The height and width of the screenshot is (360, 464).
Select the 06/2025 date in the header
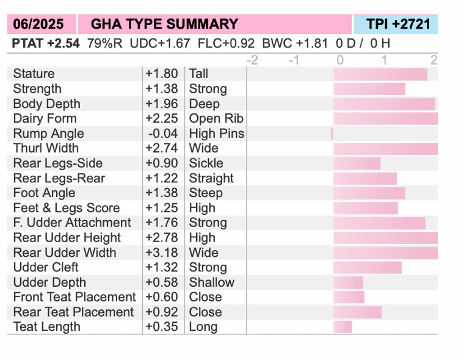(41, 24)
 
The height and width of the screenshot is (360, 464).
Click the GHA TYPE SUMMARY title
(164, 24)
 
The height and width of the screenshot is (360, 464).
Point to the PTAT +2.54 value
(46, 43)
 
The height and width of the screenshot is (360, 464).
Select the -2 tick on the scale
(252, 60)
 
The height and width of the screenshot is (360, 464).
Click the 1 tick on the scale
(383, 60)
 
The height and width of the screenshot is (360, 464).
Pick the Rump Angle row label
(48, 134)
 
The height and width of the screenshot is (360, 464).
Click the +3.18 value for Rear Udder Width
(162, 253)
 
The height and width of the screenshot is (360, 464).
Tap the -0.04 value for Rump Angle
(162, 134)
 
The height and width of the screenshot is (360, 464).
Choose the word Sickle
(206, 163)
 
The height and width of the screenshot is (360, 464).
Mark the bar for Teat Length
(343, 327)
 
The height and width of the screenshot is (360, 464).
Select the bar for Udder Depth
(348, 283)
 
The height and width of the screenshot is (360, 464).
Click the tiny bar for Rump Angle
(332, 134)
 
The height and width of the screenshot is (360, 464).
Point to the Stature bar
(380, 74)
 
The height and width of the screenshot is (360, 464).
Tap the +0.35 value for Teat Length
(162, 327)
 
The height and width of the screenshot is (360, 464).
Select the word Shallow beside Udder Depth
(211, 283)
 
